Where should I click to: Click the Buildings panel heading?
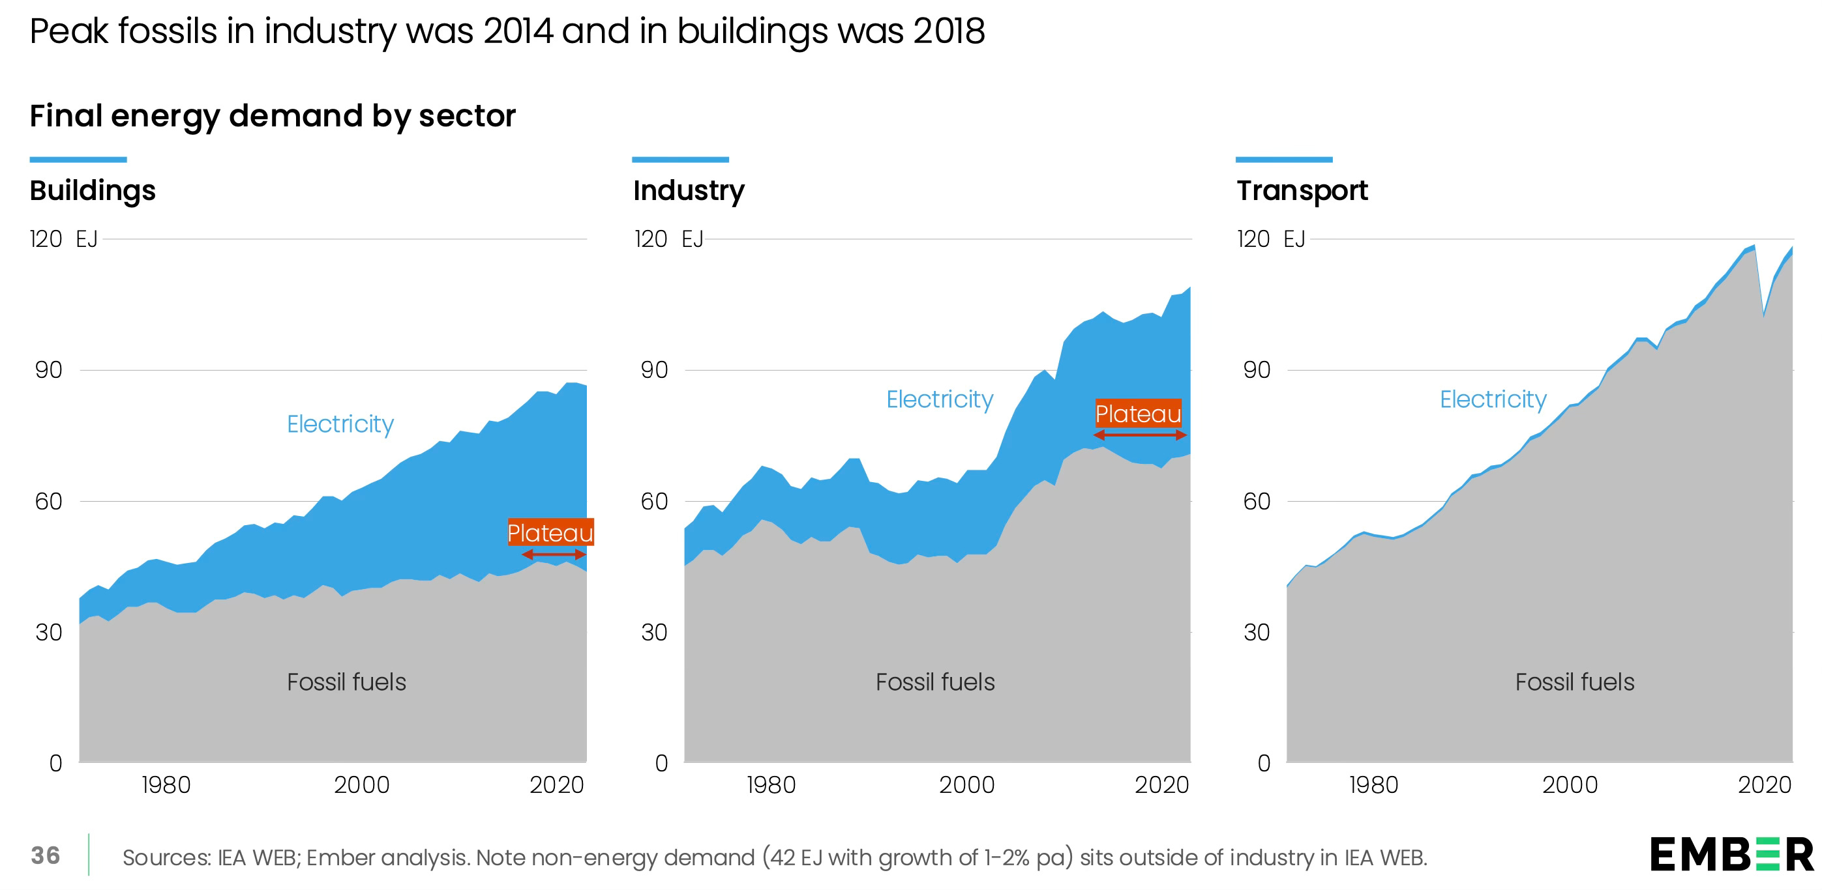(93, 191)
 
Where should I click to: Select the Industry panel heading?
(688, 191)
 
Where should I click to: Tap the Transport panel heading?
(1302, 191)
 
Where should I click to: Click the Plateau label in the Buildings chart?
(550, 532)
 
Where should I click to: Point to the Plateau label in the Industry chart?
(1138, 414)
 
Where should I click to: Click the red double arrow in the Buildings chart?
(553, 555)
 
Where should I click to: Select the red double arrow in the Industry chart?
(1139, 435)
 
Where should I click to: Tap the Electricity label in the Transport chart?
(1493, 399)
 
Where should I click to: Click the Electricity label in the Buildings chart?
(340, 424)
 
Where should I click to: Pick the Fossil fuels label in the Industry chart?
(935, 682)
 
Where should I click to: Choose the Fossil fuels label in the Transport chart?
(1574, 682)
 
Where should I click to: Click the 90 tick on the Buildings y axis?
(49, 369)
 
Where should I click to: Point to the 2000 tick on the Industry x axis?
(966, 784)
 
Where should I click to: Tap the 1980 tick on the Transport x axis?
(1373, 784)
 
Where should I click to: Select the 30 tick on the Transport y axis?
(1257, 632)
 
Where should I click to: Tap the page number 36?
(45, 855)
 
